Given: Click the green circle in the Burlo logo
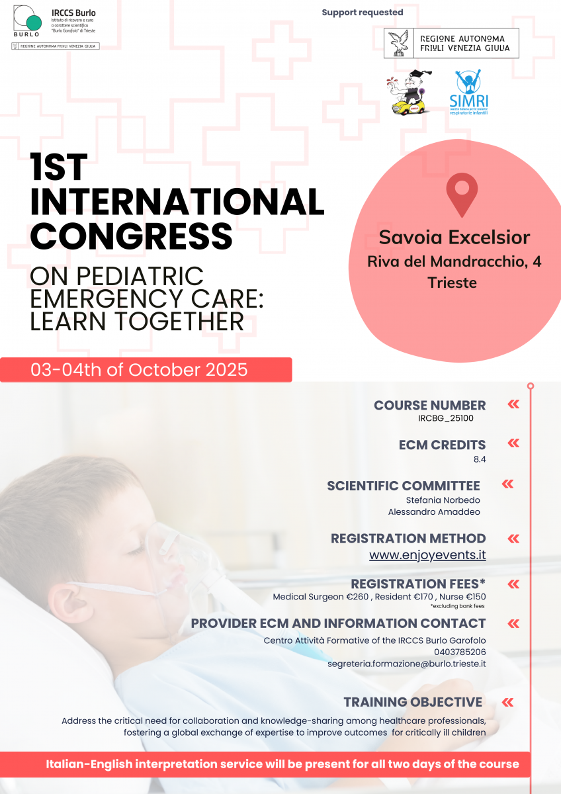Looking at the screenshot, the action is tap(34, 22).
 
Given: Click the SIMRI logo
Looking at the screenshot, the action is tap(468, 92).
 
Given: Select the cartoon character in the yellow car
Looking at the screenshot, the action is tap(410, 92).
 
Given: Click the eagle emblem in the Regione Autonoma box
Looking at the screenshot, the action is tap(399, 43).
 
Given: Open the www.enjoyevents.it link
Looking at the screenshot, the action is tap(427, 554).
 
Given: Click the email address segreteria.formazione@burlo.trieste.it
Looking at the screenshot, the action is tap(406, 664).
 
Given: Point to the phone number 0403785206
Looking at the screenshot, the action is tap(460, 652).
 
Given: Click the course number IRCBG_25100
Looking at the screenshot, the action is tap(445, 418).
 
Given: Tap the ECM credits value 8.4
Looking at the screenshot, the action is tap(480, 459).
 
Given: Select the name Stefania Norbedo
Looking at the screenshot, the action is tap(443, 500).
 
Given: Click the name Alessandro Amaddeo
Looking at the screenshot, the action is tap(434, 512).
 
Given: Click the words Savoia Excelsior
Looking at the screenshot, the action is tap(454, 237).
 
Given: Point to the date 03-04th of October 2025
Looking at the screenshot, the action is tap(139, 370).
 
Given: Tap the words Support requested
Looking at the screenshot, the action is tap(362, 13).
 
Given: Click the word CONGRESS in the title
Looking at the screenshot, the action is tap(131, 236).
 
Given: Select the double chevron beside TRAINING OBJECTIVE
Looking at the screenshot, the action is tap(507, 702).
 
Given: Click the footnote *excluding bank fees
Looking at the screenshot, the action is tap(458, 606).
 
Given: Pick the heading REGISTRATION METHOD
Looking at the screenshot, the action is tap(408, 539).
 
